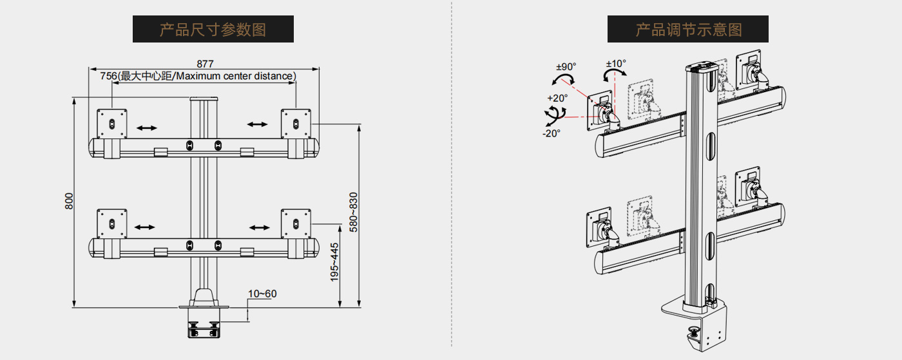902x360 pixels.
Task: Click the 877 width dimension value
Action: coord(205,64)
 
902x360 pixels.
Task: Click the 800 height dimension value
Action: coord(69,201)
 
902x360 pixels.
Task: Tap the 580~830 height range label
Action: coord(352,211)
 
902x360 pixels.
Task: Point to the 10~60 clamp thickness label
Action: coord(262,294)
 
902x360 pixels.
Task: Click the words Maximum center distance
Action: coord(235,76)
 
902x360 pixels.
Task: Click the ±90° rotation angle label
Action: coord(566,66)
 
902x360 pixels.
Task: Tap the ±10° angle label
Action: coord(616,63)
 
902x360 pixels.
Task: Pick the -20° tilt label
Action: coord(551,133)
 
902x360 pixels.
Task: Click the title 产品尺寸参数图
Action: coord(213,29)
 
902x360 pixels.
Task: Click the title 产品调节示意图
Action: coord(688,29)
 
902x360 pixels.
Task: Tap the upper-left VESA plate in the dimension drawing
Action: coord(112,122)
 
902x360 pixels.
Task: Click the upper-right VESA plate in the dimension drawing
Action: coord(296,122)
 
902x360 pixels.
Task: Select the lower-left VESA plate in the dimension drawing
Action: coord(112,223)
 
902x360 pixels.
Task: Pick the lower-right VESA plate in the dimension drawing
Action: coord(296,223)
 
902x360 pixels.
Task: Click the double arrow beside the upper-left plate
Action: coord(146,128)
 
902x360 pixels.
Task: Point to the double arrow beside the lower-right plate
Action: coord(260,227)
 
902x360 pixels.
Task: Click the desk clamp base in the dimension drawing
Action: coord(204,322)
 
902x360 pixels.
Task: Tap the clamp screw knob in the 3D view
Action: coord(695,332)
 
